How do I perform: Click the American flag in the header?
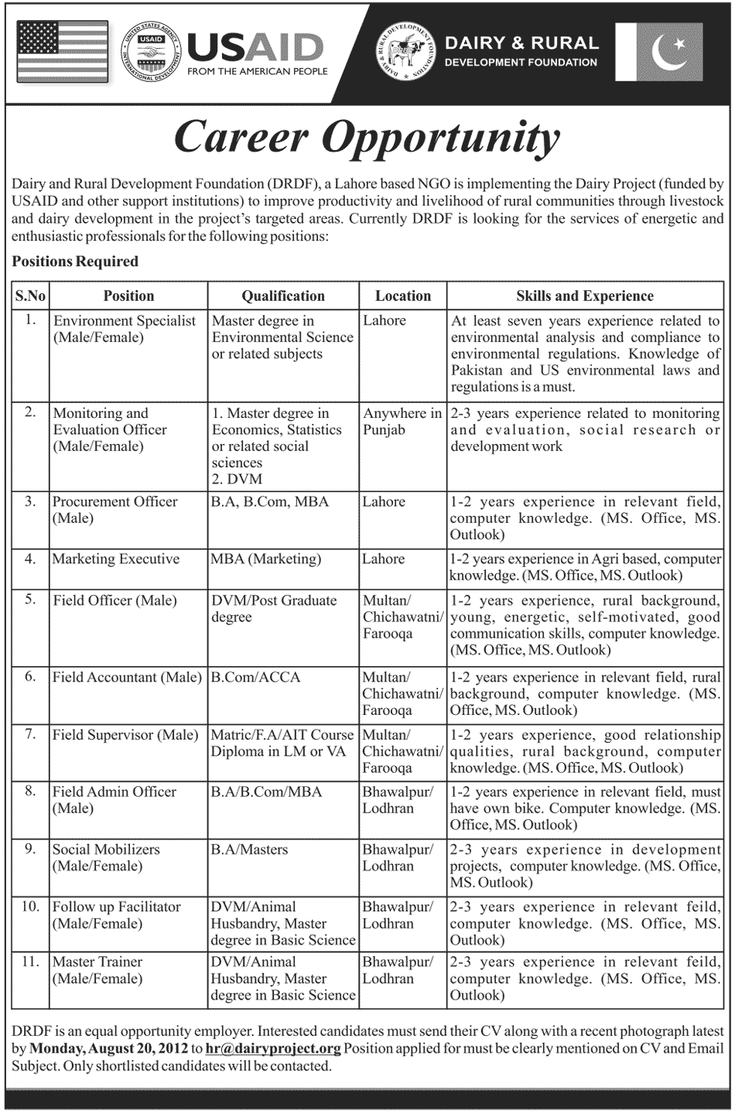62,52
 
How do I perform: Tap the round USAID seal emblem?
151,53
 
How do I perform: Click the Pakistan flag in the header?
658,52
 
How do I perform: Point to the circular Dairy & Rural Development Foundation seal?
406,52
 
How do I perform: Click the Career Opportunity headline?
367,138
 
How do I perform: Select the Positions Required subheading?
75,262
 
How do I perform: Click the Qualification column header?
283,296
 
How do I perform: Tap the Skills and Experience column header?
585,296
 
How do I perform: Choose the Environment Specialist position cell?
125,329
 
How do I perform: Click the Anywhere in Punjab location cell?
402,422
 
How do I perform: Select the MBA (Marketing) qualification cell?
267,559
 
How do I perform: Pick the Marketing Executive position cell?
116,559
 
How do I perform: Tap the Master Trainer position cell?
97,970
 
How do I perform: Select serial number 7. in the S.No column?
30,734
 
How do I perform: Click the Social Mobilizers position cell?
106,857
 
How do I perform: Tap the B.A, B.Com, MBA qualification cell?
270,501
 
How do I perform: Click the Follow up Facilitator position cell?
116,914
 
